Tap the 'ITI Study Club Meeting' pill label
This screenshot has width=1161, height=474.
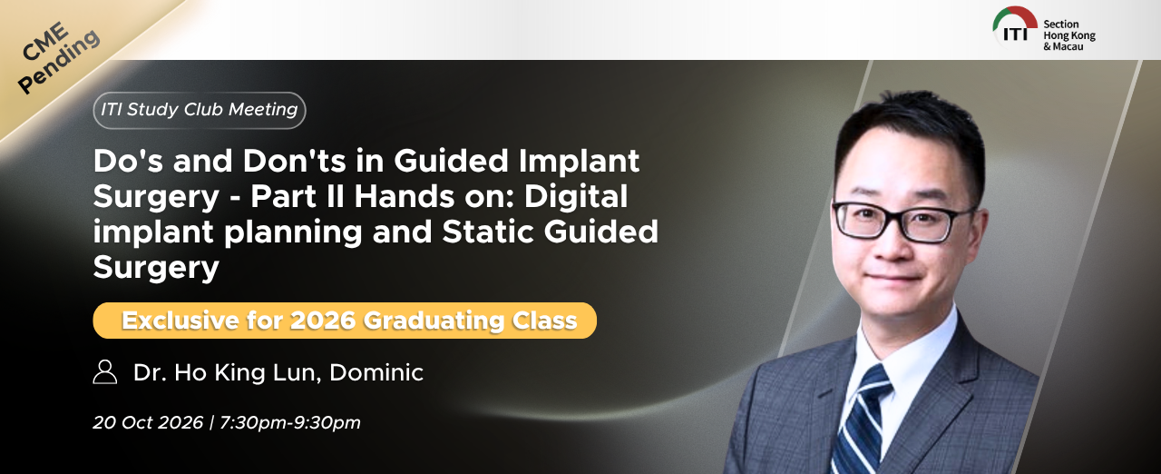point(200,110)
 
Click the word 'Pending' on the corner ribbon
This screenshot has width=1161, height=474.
point(59,61)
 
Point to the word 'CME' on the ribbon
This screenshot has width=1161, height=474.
point(45,41)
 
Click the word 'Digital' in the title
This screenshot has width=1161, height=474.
point(576,197)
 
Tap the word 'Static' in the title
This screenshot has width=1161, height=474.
point(488,232)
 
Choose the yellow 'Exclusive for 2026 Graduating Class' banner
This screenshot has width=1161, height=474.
point(345,321)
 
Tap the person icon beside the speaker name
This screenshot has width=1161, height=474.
point(105,371)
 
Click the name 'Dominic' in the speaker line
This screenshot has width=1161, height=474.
point(376,372)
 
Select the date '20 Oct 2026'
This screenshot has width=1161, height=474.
point(148,422)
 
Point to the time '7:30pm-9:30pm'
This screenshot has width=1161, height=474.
point(289,423)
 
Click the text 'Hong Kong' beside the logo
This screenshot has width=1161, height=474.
point(1069,35)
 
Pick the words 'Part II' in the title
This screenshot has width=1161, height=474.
point(298,196)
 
